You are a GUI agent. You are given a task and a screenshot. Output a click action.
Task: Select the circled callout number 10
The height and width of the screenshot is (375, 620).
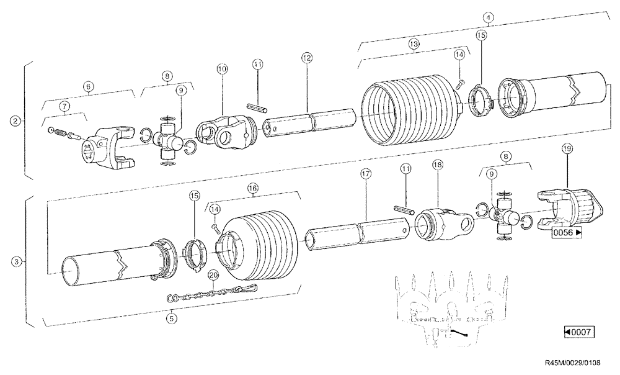(x=222, y=67)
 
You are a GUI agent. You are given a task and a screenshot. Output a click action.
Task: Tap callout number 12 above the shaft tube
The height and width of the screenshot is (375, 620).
(x=306, y=57)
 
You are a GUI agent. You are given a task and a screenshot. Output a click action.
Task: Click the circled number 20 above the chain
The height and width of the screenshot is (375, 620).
(x=212, y=274)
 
